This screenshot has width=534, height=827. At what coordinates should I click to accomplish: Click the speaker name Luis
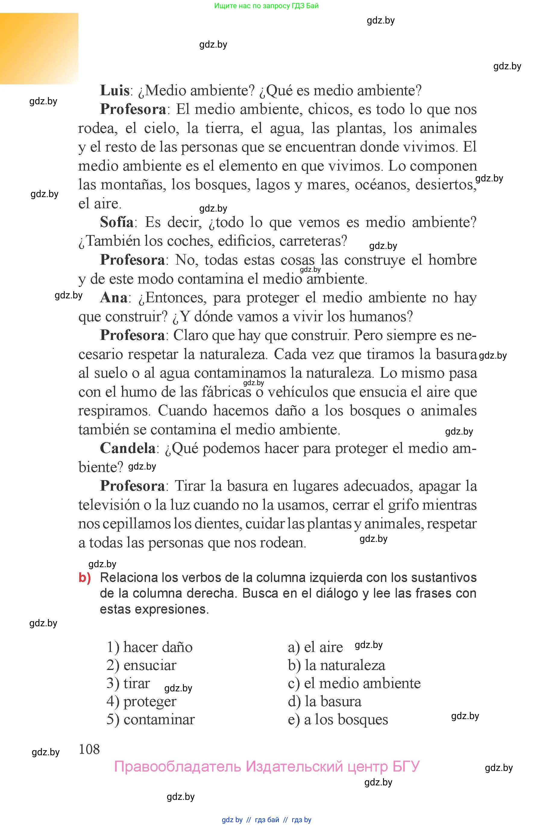pyautogui.click(x=115, y=91)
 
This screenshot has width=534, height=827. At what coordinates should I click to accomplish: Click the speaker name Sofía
pyautogui.click(x=117, y=222)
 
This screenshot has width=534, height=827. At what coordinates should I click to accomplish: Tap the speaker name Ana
pyautogui.click(x=114, y=298)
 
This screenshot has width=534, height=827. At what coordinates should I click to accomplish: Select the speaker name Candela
pyautogui.click(x=127, y=448)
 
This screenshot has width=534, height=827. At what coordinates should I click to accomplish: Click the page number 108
pyautogui.click(x=89, y=749)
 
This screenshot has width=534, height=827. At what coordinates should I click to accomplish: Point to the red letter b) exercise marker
pyautogui.click(x=85, y=578)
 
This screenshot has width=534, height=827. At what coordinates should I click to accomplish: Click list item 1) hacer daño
pyautogui.click(x=149, y=647)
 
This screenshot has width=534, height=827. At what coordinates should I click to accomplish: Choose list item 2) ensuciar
pyautogui.click(x=141, y=665)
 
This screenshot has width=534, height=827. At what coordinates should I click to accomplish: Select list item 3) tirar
pyautogui.click(x=128, y=683)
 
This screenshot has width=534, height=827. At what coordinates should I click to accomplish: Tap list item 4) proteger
pyautogui.click(x=141, y=702)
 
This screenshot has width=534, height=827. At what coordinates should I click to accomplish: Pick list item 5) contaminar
pyautogui.click(x=150, y=719)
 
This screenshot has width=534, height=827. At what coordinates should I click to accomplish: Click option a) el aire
pyautogui.click(x=315, y=647)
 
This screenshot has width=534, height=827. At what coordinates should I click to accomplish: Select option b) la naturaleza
pyautogui.click(x=336, y=665)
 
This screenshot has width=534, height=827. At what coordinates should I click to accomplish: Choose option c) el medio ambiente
pyautogui.click(x=354, y=683)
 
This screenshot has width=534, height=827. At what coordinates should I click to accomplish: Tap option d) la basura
pyautogui.click(x=325, y=702)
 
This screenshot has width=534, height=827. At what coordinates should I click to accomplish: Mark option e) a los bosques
pyautogui.click(x=338, y=719)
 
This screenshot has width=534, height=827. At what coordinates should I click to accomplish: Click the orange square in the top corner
pyautogui.click(x=39, y=49)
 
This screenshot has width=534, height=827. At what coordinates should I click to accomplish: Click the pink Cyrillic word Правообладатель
pyautogui.click(x=177, y=767)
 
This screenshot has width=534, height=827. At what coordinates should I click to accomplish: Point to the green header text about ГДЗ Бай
pyautogui.click(x=266, y=5)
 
